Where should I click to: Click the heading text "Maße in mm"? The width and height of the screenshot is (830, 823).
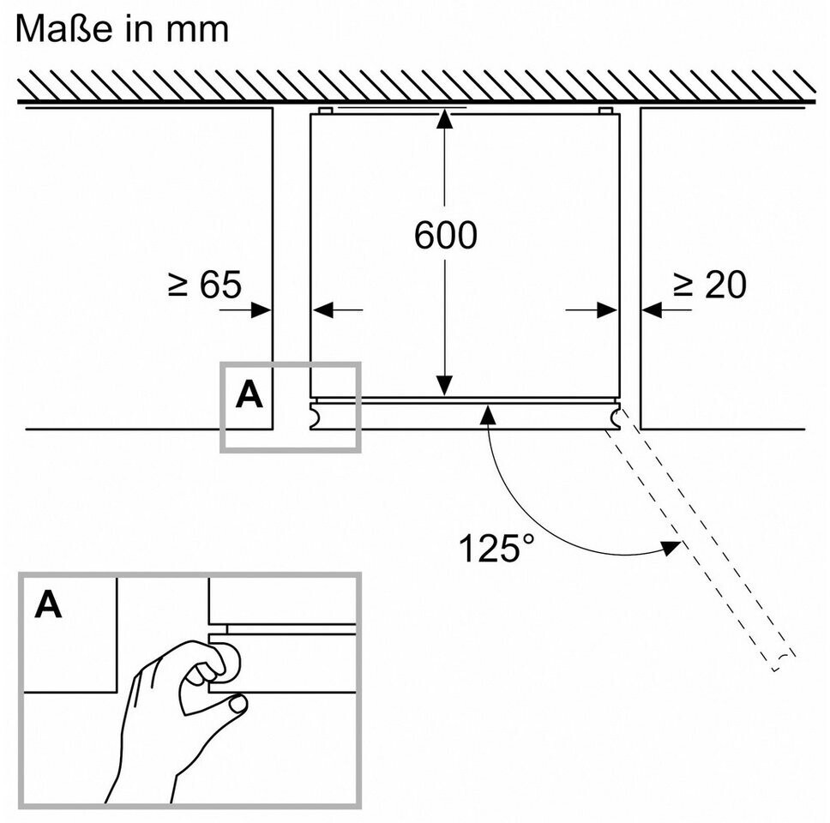tap(123, 28)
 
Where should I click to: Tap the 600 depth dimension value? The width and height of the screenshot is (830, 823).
tap(444, 236)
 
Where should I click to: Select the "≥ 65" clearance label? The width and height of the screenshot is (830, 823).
tap(204, 285)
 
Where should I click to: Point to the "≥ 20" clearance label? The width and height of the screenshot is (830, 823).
tap(709, 285)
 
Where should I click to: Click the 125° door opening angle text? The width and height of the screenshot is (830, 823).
tap(502, 548)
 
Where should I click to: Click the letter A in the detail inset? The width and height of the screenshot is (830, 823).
tap(49, 605)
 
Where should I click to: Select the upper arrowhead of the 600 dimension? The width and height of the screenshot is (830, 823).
tap(444, 119)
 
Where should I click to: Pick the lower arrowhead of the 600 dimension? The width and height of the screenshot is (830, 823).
tap(444, 387)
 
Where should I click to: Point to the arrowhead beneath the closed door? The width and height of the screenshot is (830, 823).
tap(488, 415)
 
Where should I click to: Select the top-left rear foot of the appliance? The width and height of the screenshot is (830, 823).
tap(324, 111)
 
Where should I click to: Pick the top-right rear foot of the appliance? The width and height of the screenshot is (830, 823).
tap(605, 111)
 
